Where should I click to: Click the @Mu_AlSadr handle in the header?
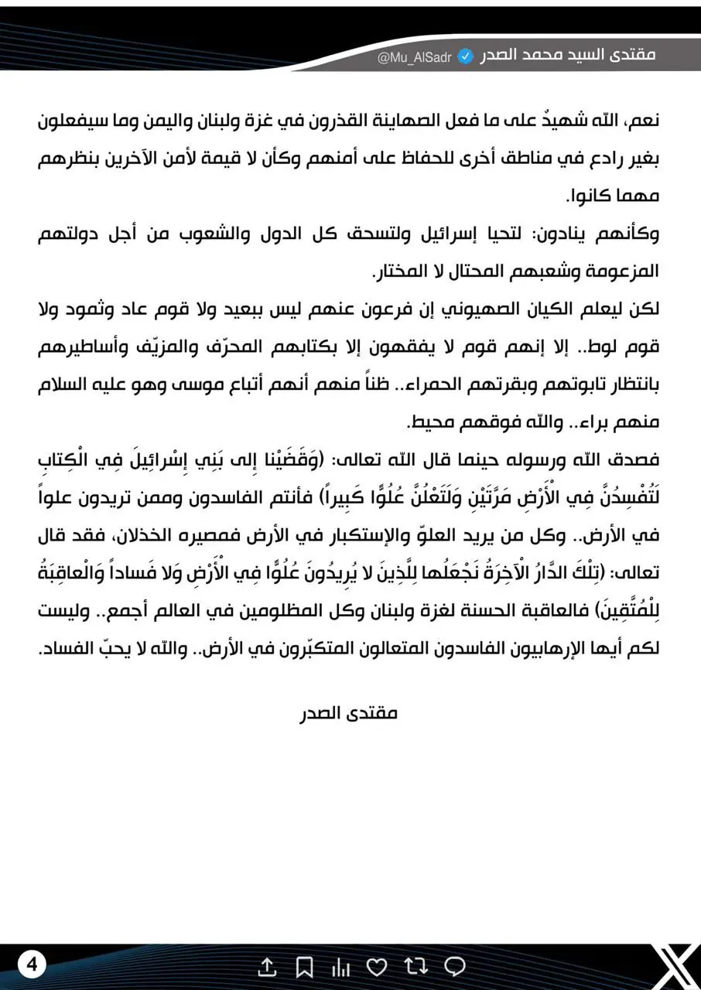414,58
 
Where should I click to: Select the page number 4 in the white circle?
32,964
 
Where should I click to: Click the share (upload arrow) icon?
266,966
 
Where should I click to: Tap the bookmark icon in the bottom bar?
304,966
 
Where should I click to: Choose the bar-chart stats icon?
340,966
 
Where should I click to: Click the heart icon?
377,966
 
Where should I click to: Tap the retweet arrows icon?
415,966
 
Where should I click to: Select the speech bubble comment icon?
455,966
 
